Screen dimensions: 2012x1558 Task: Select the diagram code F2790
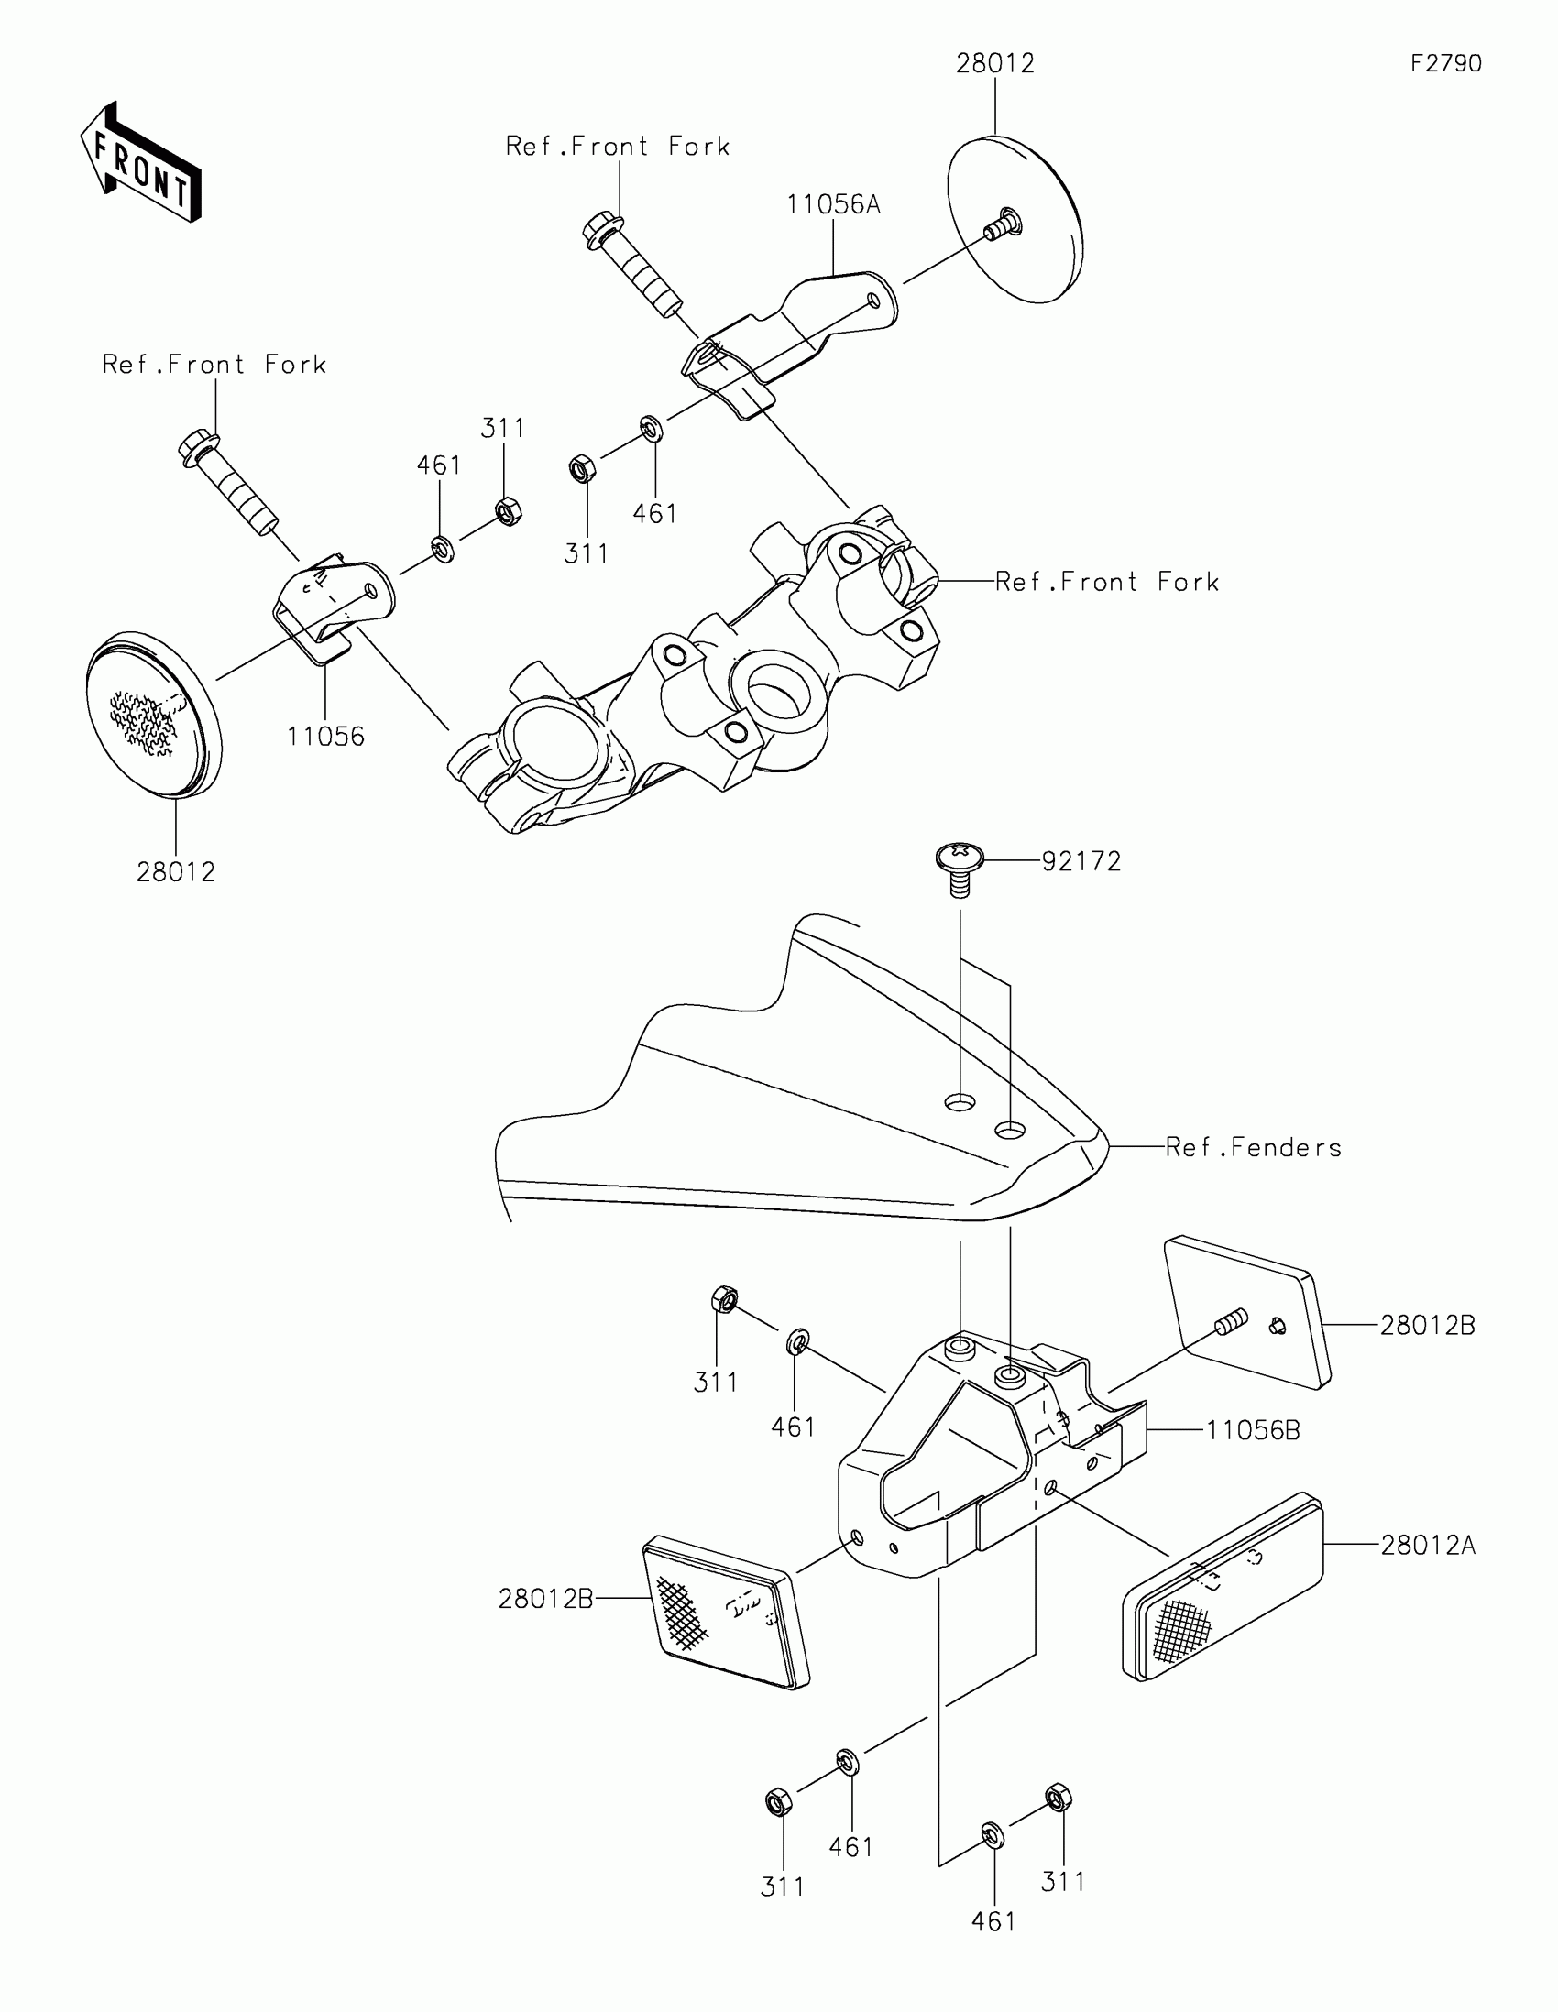tap(1445, 63)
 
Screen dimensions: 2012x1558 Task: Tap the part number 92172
tap(1081, 861)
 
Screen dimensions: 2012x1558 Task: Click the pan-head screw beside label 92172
tap(960, 866)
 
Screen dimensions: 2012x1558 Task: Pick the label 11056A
tap(833, 204)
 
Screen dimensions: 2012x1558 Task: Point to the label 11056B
tap(1252, 1431)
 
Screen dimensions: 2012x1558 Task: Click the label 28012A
tap(1427, 1545)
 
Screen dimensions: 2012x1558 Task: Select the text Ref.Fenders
tap(1253, 1148)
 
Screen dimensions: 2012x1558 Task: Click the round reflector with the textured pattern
tap(153, 713)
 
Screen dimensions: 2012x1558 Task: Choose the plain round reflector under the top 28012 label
tap(1014, 218)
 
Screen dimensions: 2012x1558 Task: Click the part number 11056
tap(325, 737)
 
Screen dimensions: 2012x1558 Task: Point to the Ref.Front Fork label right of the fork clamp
tap(1106, 582)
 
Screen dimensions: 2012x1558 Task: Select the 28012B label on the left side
tap(545, 1600)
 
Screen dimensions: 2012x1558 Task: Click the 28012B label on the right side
tap(1427, 1326)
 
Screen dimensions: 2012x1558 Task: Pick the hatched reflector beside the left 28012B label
tap(725, 1613)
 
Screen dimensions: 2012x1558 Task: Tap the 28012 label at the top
tap(995, 63)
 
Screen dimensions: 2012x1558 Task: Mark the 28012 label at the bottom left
tap(175, 872)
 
